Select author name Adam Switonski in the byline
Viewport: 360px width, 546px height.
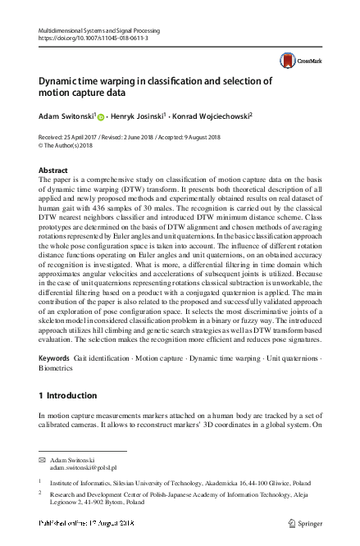coord(65,116)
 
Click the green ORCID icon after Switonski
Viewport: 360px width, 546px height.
coord(101,117)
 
